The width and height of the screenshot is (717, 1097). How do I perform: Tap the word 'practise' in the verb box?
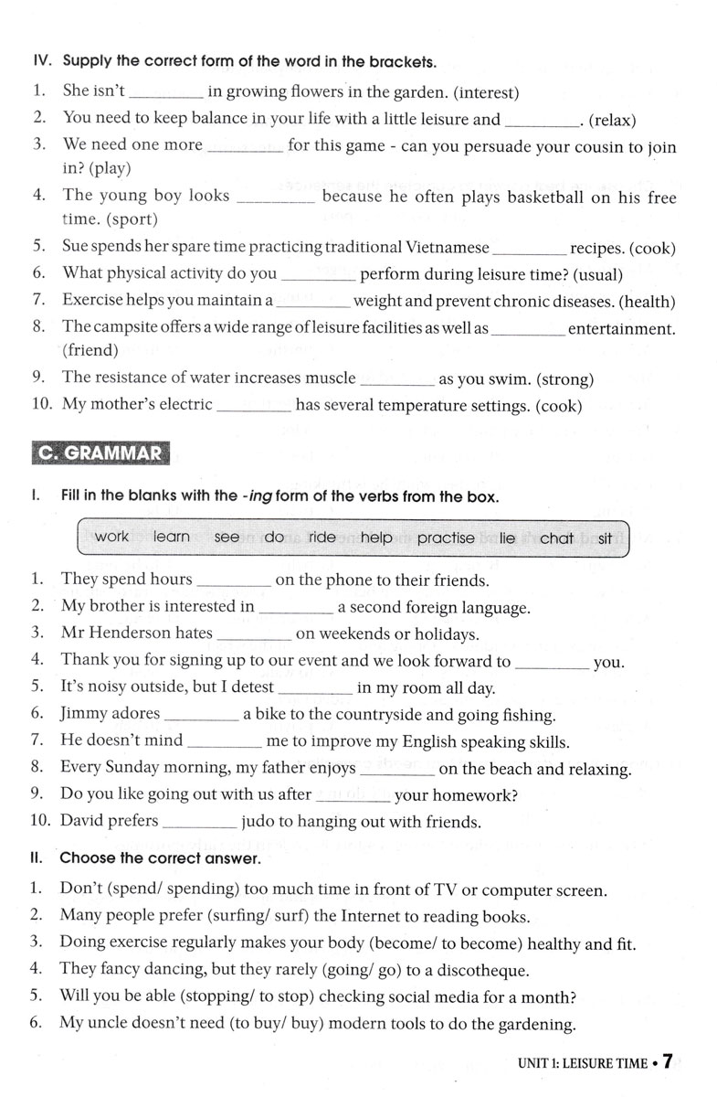tap(446, 538)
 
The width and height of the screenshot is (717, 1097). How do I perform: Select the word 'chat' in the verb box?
tap(556, 538)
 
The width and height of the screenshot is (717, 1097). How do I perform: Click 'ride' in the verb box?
tap(322, 538)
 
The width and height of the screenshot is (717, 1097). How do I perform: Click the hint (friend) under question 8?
tap(90, 350)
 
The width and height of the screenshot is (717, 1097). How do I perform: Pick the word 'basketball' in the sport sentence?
tap(535, 196)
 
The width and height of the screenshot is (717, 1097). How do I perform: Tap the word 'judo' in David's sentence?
tap(258, 822)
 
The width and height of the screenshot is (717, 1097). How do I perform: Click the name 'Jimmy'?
tap(84, 714)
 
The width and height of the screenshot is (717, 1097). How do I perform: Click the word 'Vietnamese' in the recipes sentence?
tap(443, 248)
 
